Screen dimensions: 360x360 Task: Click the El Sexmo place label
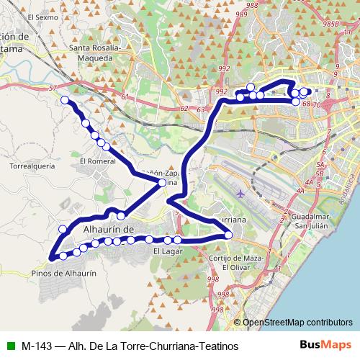pyautogui.click(x=42, y=16)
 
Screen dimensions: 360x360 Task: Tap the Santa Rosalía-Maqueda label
pyautogui.click(x=99, y=54)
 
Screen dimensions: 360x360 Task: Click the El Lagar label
pyautogui.click(x=166, y=252)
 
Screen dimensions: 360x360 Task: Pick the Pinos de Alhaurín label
pyautogui.click(x=65, y=274)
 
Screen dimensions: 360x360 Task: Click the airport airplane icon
pyautogui.click(x=240, y=194)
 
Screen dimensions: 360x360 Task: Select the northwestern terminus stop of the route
pyautogui.click(x=65, y=100)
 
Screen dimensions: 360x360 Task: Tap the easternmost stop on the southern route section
pyautogui.click(x=228, y=234)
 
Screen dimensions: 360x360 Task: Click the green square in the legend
pyautogui.click(x=9, y=346)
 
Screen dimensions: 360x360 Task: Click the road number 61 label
pyautogui.click(x=126, y=97)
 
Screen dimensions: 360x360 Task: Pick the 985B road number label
pyautogui.click(x=330, y=23)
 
